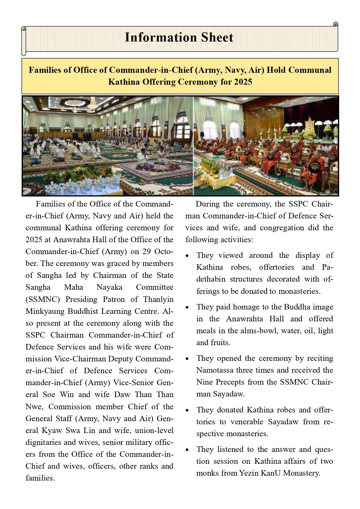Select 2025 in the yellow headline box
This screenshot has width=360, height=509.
243,82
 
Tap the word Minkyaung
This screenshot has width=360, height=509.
45,311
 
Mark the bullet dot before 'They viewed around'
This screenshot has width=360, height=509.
187,256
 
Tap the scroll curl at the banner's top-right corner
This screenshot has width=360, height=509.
336,24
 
